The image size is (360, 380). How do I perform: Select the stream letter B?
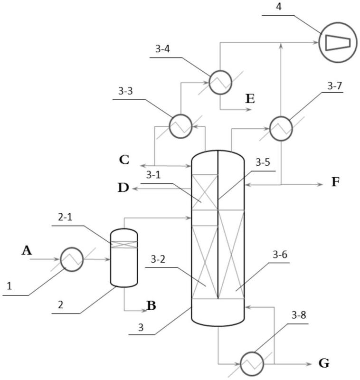point(151,305)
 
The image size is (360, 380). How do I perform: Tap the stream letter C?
point(124,159)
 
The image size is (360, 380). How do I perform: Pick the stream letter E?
point(250,99)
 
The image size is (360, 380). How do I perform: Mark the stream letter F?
point(335,182)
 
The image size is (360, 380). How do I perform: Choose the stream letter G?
point(323,364)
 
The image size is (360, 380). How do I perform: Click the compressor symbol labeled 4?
point(338,43)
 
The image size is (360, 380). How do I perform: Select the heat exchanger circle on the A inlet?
point(72,259)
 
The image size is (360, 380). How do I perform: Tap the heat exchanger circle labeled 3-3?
point(180,125)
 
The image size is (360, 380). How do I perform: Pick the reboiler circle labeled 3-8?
point(252,363)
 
